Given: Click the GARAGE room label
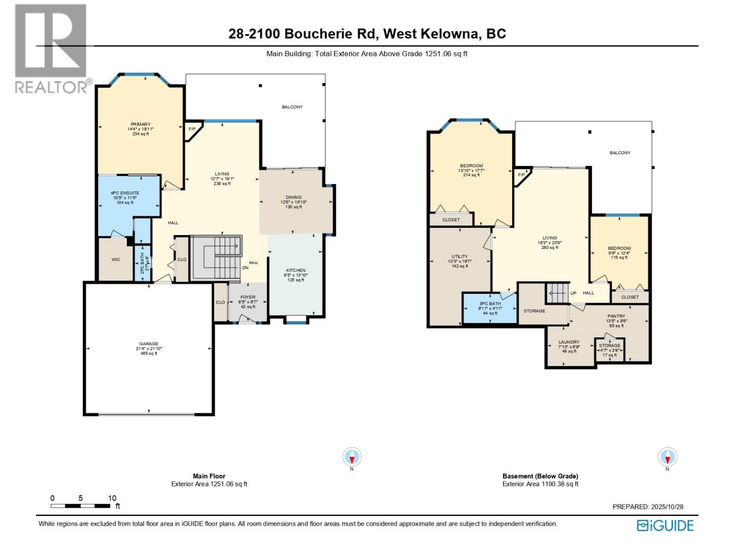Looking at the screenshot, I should pos(149,344).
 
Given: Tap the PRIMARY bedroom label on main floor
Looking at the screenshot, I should pos(141,124).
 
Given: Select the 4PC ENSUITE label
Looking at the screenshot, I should pos(125,193).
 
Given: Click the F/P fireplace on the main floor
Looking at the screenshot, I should pos(192,129).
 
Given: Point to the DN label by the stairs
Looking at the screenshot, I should pos(245,268).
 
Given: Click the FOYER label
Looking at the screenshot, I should pos(248,298).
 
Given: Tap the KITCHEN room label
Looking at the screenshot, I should pos(296,270).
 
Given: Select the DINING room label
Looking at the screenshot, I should pos(294,197).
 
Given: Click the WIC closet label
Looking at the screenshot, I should pos(116,259).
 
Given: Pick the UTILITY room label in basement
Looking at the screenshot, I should pos(459,257).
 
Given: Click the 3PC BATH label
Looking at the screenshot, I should pos(490,304).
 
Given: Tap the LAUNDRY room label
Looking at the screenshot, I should pos(569,342).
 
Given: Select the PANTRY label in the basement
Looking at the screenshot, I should pos(616,316).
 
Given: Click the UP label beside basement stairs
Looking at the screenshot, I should pos(573,293).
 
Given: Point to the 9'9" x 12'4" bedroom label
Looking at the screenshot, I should pos(619,253).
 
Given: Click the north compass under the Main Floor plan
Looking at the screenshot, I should pos(352,457).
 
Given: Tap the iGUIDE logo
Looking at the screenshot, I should pos(665,526).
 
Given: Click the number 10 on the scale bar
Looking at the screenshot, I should pos(112,498).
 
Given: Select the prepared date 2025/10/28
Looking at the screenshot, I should pos(667,507).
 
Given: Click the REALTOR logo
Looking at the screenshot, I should pos(51,48).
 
